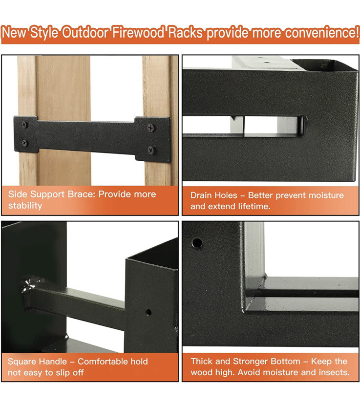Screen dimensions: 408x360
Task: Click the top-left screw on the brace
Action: (24, 126)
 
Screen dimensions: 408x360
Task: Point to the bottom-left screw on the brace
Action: (24, 143)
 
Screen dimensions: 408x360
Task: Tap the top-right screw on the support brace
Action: (150, 128)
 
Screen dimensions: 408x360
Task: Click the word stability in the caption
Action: (25, 205)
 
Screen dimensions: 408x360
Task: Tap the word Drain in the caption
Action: (202, 195)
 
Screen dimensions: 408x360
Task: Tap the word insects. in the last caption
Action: (332, 372)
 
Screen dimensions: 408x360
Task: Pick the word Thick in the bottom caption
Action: (201, 362)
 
